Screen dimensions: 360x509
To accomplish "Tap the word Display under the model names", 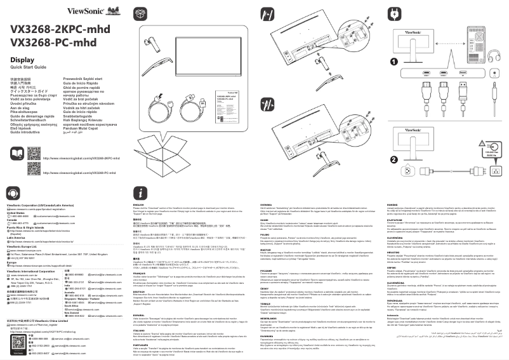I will click(x=22, y=59).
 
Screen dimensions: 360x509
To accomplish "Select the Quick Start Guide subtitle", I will click(x=29, y=67).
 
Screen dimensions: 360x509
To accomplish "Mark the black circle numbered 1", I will click(x=393, y=62).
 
